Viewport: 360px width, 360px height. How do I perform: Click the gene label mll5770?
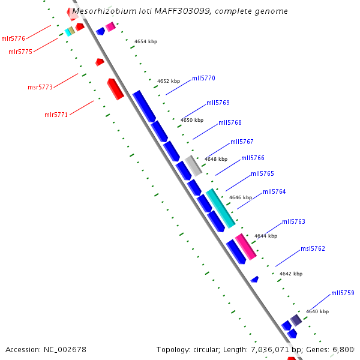click(203, 78)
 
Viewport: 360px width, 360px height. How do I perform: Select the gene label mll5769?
click(218, 103)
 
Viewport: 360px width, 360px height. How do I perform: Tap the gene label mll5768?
click(230, 122)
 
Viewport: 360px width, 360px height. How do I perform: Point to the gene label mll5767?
click(242, 142)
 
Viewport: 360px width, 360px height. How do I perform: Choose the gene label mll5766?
click(253, 158)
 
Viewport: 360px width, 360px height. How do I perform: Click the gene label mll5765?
click(262, 173)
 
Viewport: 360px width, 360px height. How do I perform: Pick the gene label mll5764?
click(274, 191)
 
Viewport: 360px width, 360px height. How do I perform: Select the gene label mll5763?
click(293, 221)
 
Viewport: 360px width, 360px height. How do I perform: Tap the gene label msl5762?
click(313, 248)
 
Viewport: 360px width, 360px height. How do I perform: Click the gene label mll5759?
click(343, 293)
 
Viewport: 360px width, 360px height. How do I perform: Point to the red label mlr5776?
click(13, 38)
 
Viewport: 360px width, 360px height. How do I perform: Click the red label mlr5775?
click(20, 52)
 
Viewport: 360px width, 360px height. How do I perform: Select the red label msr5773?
click(40, 88)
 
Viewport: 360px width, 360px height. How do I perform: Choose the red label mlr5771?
click(56, 115)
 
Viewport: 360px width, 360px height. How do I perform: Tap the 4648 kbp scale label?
click(216, 159)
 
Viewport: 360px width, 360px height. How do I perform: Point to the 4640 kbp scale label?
click(317, 311)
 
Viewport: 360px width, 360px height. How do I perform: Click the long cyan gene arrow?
click(220, 208)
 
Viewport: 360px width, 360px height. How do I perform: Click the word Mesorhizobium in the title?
click(101, 11)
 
